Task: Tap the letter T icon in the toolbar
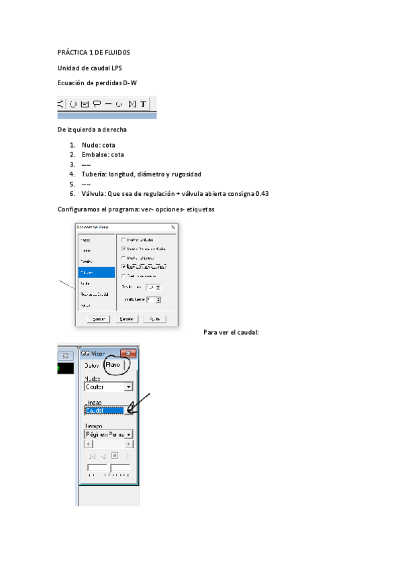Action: pos(143,104)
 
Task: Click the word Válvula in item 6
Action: pos(94,194)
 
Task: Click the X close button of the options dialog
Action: pos(174,227)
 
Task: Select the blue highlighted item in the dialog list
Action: pos(96,272)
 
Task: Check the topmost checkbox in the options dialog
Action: pos(123,240)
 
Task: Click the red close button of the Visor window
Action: pos(128,354)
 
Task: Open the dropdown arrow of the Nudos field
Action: pos(129,387)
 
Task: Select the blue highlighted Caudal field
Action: pos(103,411)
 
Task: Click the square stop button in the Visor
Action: pos(115,456)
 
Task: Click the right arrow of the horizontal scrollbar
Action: pos(129,444)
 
